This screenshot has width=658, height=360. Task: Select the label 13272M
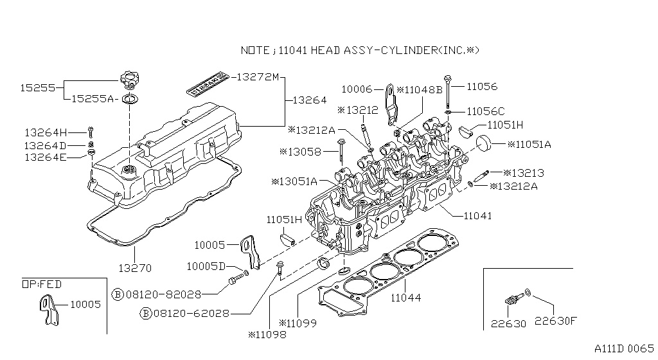coord(257,77)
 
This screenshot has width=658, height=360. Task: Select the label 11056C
coord(486,111)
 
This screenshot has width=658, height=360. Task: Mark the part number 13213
coord(526,172)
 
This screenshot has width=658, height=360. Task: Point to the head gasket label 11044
coord(406,298)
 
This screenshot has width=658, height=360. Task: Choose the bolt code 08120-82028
coord(163,294)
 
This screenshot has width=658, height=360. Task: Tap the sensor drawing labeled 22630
coord(512,298)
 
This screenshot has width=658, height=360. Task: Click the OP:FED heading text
coord(42,284)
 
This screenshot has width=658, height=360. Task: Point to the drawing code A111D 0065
coord(624,348)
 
